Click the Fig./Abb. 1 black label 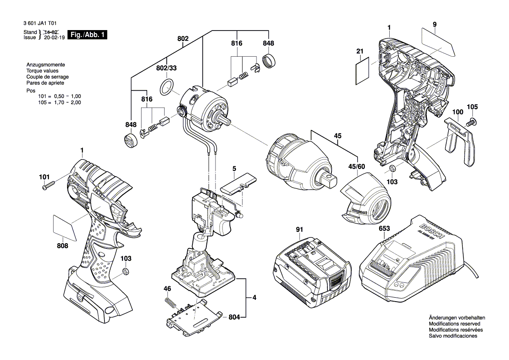[87, 35]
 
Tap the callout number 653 [384, 228]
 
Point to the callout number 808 [62, 246]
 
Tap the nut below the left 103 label [125, 272]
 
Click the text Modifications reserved [454, 324]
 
